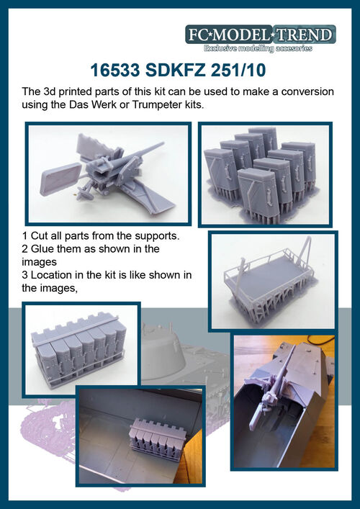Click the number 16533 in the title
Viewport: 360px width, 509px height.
pyautogui.click(x=115, y=71)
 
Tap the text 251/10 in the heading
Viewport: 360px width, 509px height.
pyautogui.click(x=238, y=71)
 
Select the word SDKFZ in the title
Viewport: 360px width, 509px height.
pyautogui.click(x=175, y=71)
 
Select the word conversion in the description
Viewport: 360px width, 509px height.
pyautogui.click(x=307, y=92)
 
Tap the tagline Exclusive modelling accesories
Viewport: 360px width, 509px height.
pyautogui.click(x=258, y=48)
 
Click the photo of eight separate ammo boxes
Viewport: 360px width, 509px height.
pyautogui.click(x=265, y=174)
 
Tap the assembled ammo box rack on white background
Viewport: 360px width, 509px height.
pyautogui.click(x=79, y=351)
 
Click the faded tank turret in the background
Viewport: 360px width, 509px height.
pyautogui.click(x=162, y=350)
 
